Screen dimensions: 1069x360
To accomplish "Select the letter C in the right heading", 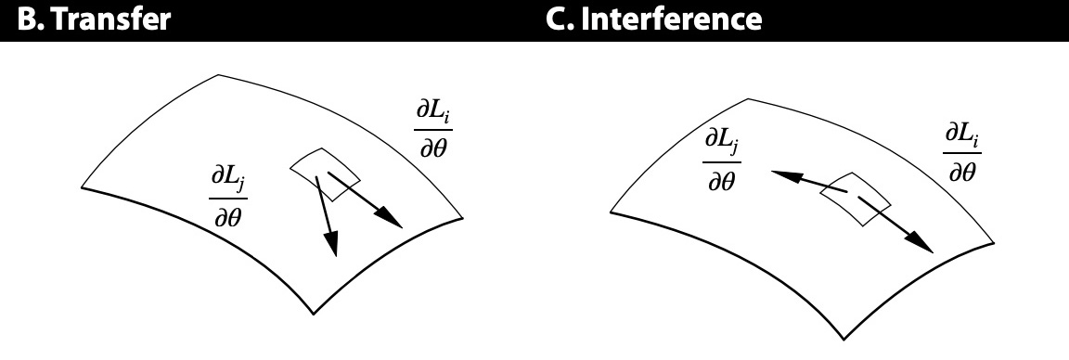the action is coord(557,19).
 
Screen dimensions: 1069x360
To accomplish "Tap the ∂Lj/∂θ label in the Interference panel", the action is coord(723,161).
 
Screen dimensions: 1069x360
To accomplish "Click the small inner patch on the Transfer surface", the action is coord(325,172).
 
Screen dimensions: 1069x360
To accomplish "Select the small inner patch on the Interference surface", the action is coord(859,196).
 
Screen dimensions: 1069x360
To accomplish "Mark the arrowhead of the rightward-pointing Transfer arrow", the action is coord(393,220).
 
